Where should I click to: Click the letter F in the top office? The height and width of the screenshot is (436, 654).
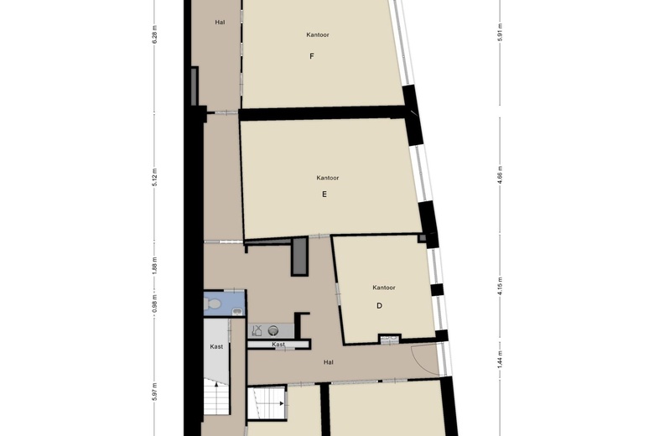pos(312,56)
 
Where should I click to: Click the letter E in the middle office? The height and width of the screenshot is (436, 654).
pos(324,194)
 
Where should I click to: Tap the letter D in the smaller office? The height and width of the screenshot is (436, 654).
pos(379,305)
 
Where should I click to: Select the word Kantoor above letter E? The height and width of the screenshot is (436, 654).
pos(327,178)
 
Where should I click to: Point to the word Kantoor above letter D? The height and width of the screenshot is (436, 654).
pos(384,288)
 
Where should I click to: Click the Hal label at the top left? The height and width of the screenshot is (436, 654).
pos(220,22)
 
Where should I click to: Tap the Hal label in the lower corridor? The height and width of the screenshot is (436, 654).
pos(328,362)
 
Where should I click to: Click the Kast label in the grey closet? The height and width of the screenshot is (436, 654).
pos(216,346)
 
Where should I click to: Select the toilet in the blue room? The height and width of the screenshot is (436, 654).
pos(212,304)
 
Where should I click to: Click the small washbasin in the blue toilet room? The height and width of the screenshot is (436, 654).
pos(237,311)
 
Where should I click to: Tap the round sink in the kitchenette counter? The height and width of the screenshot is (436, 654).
pos(273,331)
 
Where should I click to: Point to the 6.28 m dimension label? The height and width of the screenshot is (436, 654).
pos(155,34)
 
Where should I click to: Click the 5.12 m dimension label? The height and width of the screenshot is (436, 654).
pos(155,177)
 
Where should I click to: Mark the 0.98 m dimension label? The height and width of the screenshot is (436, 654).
pos(155,304)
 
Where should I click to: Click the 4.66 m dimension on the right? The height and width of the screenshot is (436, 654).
pos(500,174)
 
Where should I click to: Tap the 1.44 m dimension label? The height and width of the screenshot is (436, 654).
pos(500,359)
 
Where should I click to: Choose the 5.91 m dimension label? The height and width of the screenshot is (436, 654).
pos(500,32)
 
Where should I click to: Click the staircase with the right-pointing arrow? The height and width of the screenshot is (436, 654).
pos(267,403)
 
